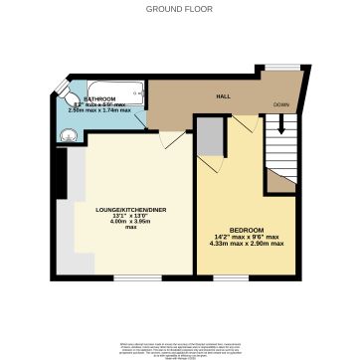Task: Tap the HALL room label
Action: pyautogui.click(x=226, y=96)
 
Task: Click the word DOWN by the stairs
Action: pyautogui.click(x=282, y=103)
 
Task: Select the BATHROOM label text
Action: pyautogui.click(x=99, y=99)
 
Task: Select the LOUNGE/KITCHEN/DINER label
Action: pyautogui.click(x=122, y=209)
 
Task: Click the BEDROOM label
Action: pyautogui.click(x=246, y=231)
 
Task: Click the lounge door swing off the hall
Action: pyautogui.click(x=171, y=139)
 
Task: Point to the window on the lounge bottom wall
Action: pyautogui.click(x=123, y=276)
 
